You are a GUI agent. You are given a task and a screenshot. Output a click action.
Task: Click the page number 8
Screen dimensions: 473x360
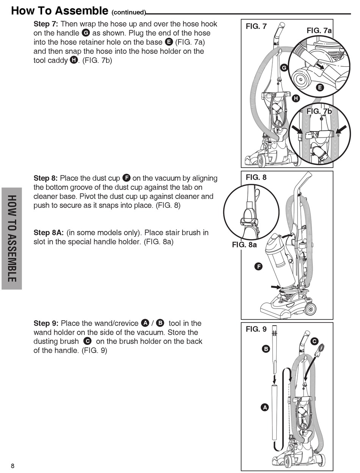click(x=13, y=466)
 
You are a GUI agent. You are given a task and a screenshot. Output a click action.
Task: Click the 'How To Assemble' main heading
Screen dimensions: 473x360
click(x=59, y=10)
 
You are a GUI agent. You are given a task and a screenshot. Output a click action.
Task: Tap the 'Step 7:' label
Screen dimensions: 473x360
click(x=45, y=24)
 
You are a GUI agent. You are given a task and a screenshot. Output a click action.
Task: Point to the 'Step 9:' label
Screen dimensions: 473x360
click(x=46, y=323)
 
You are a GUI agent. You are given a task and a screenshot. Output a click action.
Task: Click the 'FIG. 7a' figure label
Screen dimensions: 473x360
click(x=319, y=31)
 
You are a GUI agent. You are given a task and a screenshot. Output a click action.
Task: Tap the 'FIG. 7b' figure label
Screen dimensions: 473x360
click(x=319, y=111)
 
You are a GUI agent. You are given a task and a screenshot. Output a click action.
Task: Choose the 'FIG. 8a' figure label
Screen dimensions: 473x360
click(x=244, y=245)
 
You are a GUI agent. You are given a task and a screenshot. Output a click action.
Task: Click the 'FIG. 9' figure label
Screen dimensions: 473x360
click(x=256, y=329)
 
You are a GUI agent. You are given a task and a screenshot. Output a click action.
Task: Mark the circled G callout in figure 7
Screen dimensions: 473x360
click(x=284, y=68)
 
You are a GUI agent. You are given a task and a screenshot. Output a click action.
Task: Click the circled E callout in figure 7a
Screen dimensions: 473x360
click(x=319, y=88)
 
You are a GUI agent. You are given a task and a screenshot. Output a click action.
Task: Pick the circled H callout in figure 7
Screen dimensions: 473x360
click(x=296, y=99)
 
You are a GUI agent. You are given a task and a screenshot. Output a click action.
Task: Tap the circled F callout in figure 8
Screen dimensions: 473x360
click(x=258, y=266)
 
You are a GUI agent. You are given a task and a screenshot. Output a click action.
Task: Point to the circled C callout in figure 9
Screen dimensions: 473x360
click(x=314, y=341)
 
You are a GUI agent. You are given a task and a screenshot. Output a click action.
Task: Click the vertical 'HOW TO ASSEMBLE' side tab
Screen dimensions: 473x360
click(x=12, y=238)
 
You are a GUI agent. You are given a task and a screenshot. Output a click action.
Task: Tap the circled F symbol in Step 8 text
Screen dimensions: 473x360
click(x=127, y=178)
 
